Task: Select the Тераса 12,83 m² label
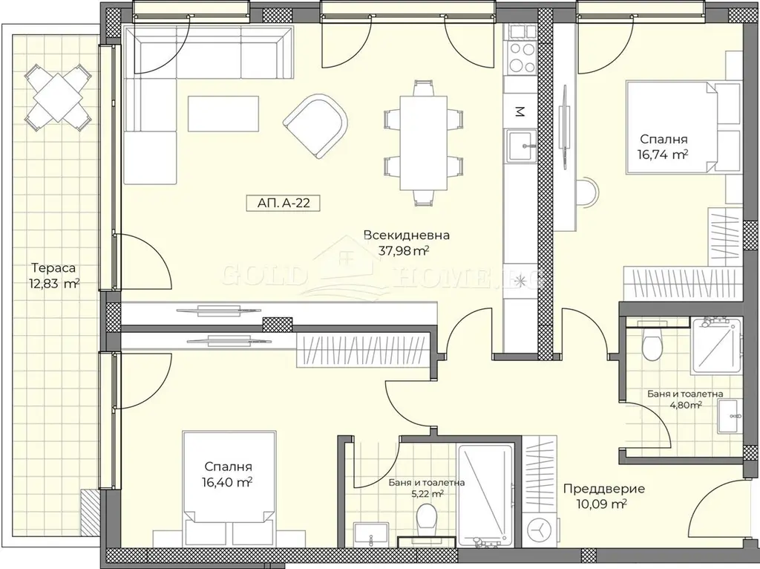[53, 276]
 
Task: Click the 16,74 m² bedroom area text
[664, 155]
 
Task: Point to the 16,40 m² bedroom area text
[228, 482]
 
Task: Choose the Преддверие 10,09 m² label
[604, 496]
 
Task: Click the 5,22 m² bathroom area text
[427, 494]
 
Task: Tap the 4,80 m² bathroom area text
[685, 405]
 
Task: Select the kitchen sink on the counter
[522, 145]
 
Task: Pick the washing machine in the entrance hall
[539, 530]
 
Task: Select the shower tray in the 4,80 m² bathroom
[717, 345]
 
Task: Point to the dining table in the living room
[423, 143]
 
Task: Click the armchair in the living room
[315, 125]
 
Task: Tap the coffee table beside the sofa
[223, 113]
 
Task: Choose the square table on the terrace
[58, 97]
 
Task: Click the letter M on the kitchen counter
[519, 112]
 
